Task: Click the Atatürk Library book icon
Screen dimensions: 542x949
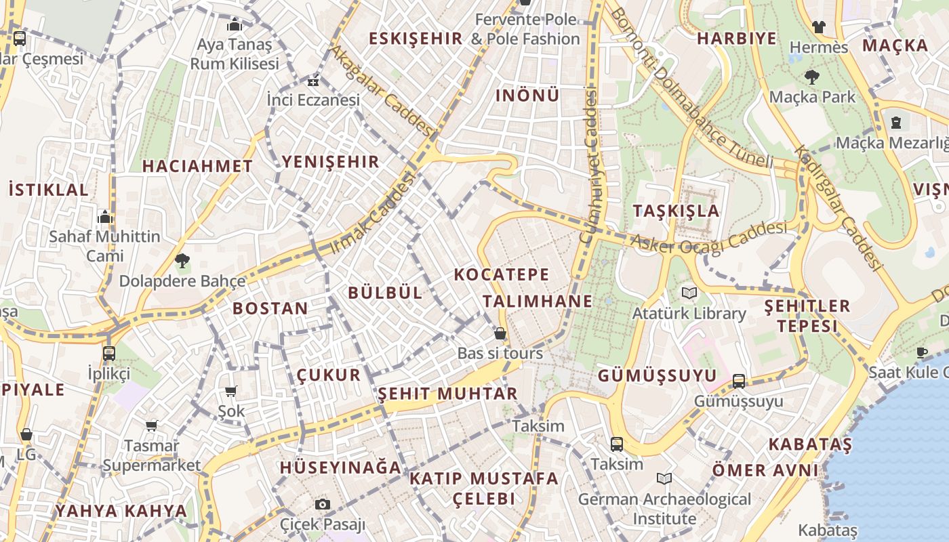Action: click(x=689, y=293)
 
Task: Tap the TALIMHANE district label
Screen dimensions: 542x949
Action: click(x=538, y=301)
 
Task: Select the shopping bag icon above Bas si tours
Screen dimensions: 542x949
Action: click(x=500, y=333)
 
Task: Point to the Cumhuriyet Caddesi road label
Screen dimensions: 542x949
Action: click(x=588, y=167)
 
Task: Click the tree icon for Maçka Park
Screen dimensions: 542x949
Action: click(x=811, y=77)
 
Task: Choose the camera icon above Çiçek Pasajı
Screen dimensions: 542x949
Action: click(x=323, y=504)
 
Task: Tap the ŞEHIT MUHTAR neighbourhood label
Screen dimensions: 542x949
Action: click(x=447, y=394)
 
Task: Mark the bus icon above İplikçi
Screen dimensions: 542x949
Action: click(x=108, y=353)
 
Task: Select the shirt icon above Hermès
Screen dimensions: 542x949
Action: click(x=819, y=27)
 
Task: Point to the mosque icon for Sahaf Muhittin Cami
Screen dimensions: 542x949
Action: click(x=105, y=217)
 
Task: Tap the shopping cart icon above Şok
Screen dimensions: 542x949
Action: click(x=231, y=391)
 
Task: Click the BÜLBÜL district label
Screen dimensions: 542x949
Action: click(x=384, y=293)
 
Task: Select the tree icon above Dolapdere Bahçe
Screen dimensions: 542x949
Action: click(x=182, y=260)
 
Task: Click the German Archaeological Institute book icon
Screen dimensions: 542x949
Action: click(x=664, y=479)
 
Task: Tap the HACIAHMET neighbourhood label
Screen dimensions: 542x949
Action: click(x=197, y=166)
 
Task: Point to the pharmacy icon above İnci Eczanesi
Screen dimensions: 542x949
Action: click(x=312, y=82)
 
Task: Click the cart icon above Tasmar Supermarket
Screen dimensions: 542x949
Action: click(x=151, y=425)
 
